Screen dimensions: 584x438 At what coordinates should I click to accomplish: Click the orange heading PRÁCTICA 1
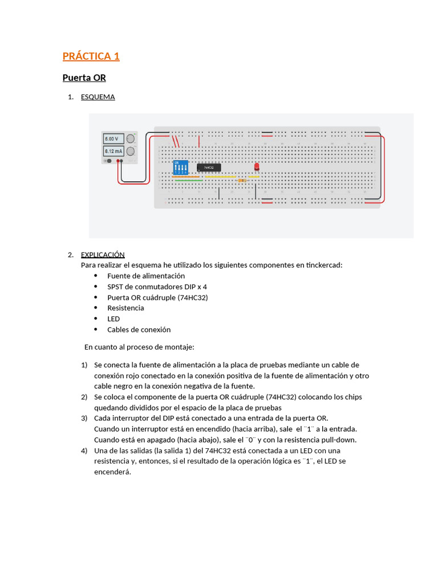click(91, 56)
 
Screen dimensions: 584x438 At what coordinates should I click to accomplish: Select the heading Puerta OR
click(84, 78)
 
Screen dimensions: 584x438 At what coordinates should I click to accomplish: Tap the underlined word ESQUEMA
click(98, 97)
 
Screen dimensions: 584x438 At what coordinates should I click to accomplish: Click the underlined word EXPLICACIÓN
click(103, 254)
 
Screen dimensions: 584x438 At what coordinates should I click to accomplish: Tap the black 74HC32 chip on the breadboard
click(209, 167)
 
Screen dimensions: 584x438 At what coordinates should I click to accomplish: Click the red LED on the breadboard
click(257, 166)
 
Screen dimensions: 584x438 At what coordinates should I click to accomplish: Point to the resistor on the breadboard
click(242, 180)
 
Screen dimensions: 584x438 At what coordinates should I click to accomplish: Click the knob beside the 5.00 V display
click(131, 138)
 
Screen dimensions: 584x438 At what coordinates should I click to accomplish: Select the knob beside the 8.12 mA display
click(131, 151)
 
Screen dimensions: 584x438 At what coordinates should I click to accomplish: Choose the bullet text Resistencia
click(125, 308)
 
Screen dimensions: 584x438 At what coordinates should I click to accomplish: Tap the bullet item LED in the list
click(113, 319)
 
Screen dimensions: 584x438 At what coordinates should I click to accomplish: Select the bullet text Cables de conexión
click(139, 330)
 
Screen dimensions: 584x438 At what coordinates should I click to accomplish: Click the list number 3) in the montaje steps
click(84, 418)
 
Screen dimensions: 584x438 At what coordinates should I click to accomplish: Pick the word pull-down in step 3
click(340, 440)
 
